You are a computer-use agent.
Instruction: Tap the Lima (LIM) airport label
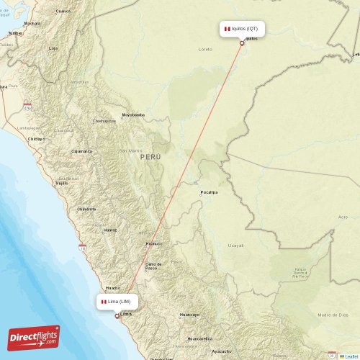pos(116,301)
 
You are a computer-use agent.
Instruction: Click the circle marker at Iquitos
pos(242,42)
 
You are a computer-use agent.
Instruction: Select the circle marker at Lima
pos(117,315)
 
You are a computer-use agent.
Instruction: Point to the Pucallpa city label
pos(210,193)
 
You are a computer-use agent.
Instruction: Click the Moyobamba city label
pos(133,114)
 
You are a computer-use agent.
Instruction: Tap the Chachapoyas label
pos(104,121)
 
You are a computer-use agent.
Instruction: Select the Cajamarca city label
pos(81,151)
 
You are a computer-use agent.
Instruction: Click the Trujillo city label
pos(61,183)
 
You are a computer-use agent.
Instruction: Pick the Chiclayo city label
pos(36,138)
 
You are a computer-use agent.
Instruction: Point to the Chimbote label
pos(86,209)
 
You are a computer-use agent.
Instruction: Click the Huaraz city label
pos(110,230)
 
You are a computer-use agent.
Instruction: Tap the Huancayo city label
pos(189,315)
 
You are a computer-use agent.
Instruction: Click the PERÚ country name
pos(151,156)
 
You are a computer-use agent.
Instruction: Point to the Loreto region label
pos(205,49)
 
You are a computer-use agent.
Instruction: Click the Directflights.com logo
pos(34,337)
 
